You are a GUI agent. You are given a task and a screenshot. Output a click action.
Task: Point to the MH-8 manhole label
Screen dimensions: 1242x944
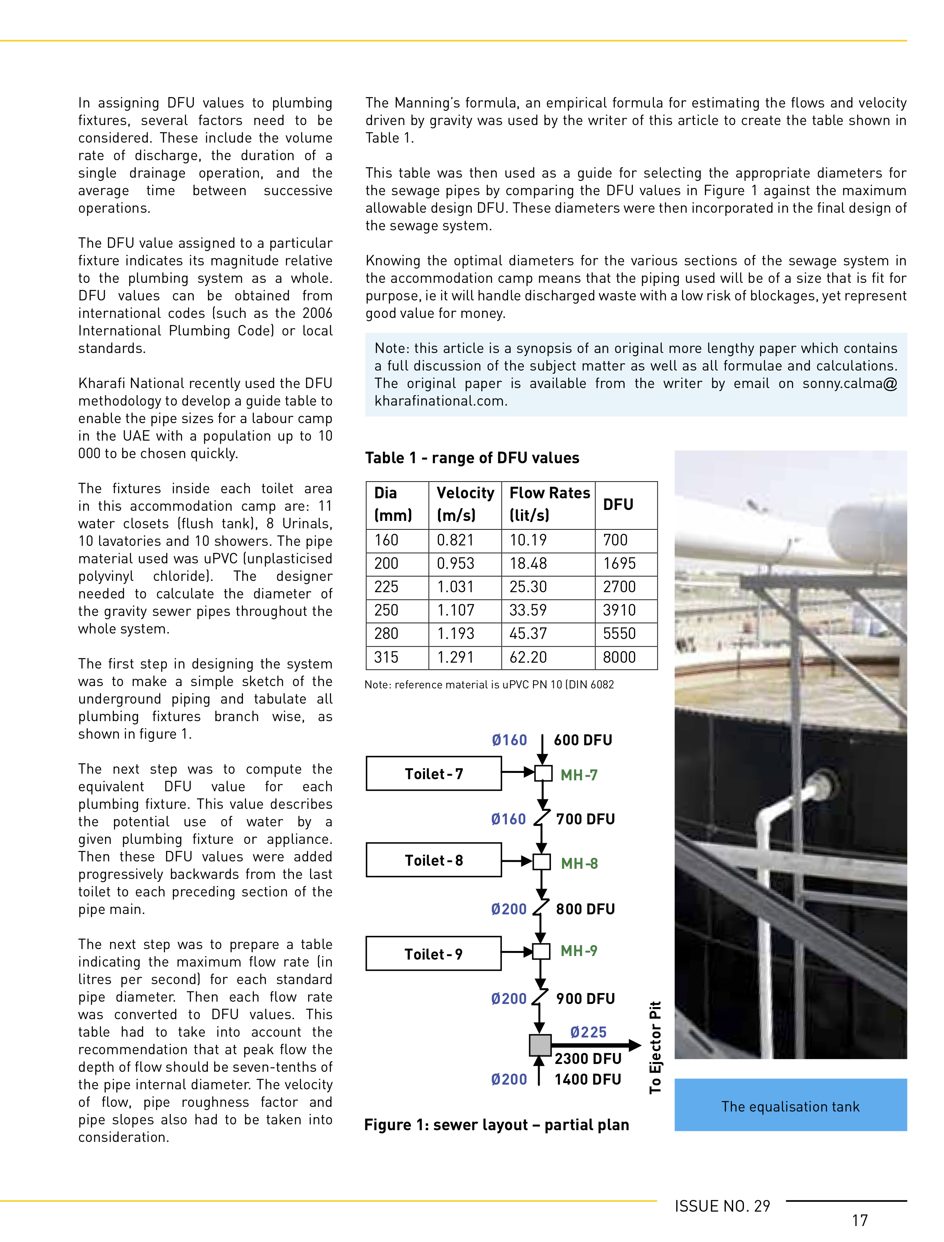point(579,863)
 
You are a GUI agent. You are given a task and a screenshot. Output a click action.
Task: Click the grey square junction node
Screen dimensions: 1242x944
point(540,1045)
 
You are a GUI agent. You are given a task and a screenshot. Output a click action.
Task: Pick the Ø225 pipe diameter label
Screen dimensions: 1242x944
point(588,1032)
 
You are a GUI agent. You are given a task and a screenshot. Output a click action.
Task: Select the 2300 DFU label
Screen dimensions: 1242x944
point(588,1059)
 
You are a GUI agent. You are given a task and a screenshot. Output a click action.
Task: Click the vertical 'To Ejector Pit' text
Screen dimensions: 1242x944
point(655,1047)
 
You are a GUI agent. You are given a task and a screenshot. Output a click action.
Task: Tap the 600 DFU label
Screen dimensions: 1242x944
point(583,740)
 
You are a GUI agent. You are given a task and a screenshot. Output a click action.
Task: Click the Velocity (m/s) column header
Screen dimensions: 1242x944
point(465,504)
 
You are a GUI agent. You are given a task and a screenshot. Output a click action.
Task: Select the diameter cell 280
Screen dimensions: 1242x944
point(386,633)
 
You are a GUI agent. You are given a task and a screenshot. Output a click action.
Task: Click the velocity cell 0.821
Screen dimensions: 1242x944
point(455,540)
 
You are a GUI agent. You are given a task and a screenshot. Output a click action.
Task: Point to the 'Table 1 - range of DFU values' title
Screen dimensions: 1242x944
point(472,458)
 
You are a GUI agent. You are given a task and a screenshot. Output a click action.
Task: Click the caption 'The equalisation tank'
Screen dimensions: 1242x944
point(790,1107)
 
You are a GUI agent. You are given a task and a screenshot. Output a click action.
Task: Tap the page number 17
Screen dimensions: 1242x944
point(860,1221)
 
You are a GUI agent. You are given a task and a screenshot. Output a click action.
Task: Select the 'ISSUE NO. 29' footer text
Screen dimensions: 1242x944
point(722,1206)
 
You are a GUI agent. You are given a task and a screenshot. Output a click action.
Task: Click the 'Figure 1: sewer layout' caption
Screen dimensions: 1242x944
point(496,1125)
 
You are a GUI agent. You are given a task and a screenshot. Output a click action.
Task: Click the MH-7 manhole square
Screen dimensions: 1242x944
point(543,773)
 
